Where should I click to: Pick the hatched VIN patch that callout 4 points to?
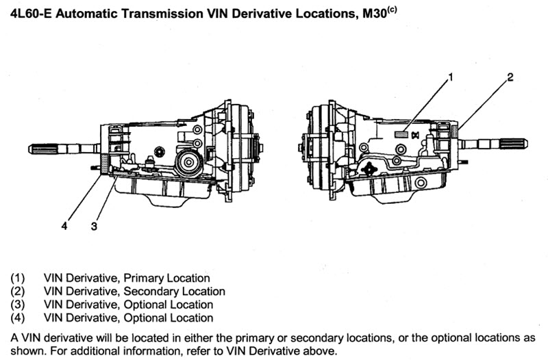coord(104,164)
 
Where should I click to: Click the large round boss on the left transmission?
coord(186,163)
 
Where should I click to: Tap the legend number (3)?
coord(18,305)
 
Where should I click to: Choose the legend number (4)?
coord(18,318)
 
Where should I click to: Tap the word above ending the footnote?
coord(322,351)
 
